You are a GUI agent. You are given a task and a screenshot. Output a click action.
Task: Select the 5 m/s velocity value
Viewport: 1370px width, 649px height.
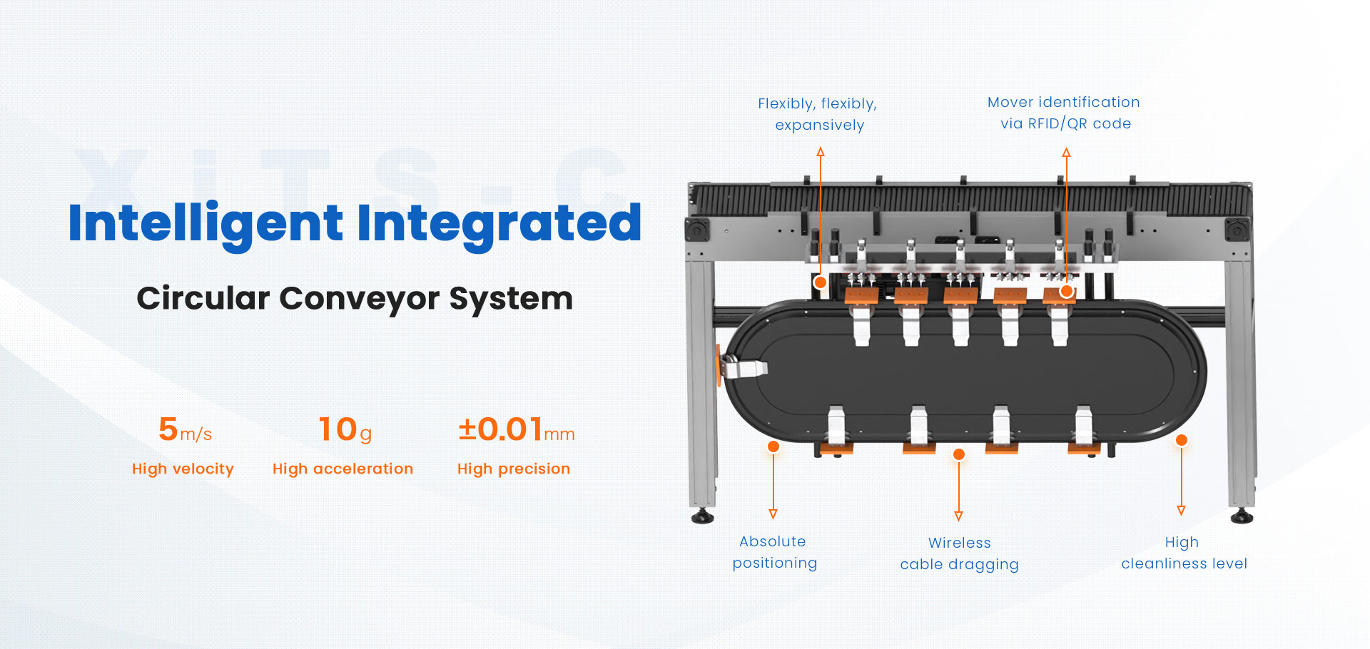(x=186, y=429)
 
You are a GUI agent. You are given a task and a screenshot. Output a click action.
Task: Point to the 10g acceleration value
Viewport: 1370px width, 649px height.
(x=345, y=430)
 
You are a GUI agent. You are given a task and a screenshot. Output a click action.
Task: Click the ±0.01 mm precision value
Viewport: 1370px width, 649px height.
(x=516, y=429)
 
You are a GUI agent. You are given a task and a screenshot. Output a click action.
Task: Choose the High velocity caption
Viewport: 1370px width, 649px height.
(x=183, y=469)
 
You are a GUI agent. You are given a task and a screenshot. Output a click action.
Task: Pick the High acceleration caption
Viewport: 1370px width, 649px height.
(x=342, y=469)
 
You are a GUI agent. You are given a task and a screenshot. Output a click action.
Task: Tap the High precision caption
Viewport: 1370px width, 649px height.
(x=514, y=469)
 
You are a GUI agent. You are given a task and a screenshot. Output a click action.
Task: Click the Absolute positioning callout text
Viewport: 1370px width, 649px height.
(x=775, y=552)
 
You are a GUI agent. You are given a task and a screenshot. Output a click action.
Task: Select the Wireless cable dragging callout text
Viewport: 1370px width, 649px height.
(x=960, y=553)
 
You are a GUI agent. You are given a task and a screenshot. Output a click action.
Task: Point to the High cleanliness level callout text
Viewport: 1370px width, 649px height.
(x=1184, y=553)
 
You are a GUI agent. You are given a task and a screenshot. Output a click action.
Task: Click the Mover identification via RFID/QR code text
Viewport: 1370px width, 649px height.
(x=1064, y=113)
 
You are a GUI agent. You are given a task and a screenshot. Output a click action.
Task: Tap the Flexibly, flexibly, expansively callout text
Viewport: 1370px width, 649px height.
(x=818, y=114)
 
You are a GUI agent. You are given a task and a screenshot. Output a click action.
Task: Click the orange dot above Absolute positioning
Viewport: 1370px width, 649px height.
(x=773, y=447)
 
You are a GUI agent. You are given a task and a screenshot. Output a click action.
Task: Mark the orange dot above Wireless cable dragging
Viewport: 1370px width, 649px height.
(x=959, y=454)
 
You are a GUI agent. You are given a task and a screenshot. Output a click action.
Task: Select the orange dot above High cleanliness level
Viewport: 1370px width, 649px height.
(x=1182, y=440)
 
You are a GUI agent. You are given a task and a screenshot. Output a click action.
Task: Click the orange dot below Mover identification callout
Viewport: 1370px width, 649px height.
(x=1067, y=291)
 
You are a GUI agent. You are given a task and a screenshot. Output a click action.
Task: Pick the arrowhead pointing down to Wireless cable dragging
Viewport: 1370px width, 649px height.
(x=959, y=516)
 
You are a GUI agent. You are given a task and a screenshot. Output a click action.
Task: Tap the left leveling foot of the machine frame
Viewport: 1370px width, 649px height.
(x=703, y=516)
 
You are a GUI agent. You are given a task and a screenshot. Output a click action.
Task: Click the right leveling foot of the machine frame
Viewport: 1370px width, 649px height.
(x=1242, y=516)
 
